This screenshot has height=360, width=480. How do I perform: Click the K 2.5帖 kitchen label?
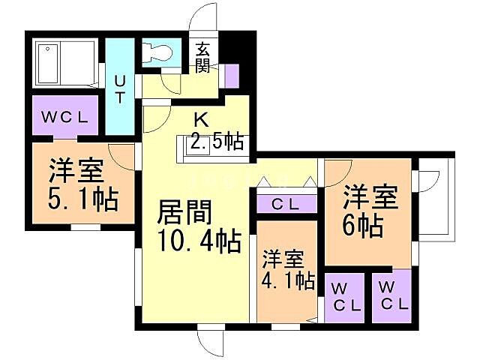point(214,131)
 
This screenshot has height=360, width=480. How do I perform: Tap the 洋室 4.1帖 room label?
point(287,271)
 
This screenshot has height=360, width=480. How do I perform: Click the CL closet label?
point(287,203)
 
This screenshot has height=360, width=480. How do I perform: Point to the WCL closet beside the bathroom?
point(64,118)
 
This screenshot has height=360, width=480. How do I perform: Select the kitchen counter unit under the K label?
point(212,148)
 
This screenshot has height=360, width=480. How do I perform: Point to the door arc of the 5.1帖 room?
point(120,154)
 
